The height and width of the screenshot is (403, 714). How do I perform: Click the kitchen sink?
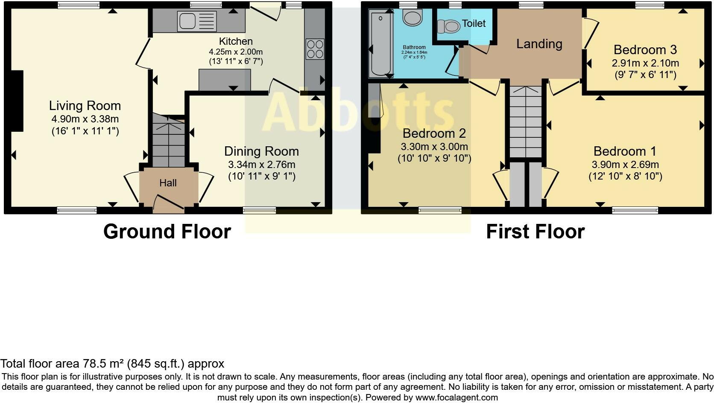[x=197, y=21]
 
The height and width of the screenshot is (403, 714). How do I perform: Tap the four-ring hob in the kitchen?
[x=315, y=49]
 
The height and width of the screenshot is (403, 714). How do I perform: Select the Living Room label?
[x=85, y=106]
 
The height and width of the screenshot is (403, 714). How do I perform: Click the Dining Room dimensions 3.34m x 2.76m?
[x=262, y=165]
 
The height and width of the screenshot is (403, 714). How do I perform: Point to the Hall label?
[x=168, y=183]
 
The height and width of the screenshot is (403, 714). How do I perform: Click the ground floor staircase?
[x=169, y=140]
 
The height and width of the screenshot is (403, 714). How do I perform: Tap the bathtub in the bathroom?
[x=380, y=43]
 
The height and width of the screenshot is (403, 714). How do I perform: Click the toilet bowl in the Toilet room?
[x=448, y=27]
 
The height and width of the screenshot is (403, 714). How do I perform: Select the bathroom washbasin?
[x=413, y=17]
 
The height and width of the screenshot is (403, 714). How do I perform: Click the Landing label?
[x=539, y=44]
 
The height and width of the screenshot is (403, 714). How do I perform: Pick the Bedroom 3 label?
[x=645, y=49]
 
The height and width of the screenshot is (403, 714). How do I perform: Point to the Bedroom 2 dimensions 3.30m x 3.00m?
[x=434, y=147]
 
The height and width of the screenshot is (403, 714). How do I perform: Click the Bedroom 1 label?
[x=625, y=151]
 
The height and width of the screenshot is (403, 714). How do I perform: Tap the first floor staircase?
[x=526, y=122]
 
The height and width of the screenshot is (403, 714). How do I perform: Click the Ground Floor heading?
[x=167, y=232]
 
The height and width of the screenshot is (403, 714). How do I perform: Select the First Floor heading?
[x=535, y=232]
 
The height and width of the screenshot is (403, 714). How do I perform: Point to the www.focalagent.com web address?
[x=456, y=397]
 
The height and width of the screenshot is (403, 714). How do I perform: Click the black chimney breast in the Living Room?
[x=17, y=101]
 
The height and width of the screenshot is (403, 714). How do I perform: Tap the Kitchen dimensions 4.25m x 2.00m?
[x=236, y=52]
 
